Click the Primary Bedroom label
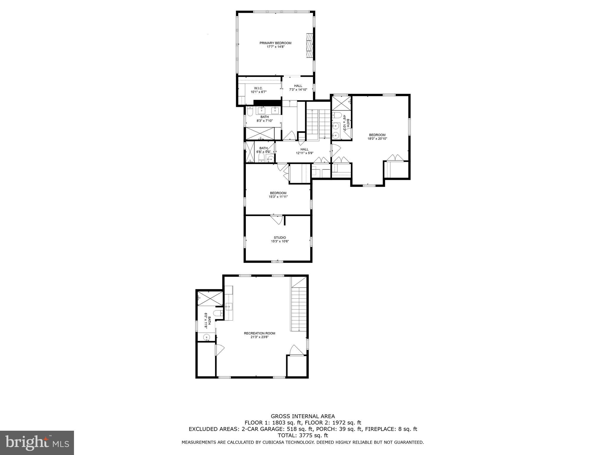(x=275, y=43)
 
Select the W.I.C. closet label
(x=258, y=88)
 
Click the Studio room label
(x=280, y=238)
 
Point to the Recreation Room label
(x=260, y=333)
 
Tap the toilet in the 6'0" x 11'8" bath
(x=218, y=313)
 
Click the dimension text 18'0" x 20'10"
(x=377, y=139)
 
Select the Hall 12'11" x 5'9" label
(x=304, y=150)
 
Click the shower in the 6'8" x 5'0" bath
(x=250, y=152)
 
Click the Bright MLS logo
(x=37, y=443)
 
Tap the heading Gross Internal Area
(x=303, y=416)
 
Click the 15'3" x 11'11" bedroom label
(x=278, y=193)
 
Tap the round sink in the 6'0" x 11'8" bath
(x=207, y=337)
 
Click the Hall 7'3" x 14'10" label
(x=298, y=86)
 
